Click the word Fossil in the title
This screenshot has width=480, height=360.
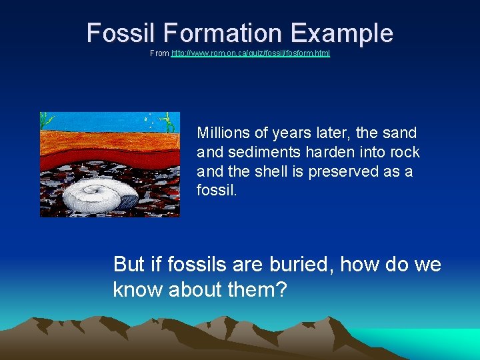pos(115,33)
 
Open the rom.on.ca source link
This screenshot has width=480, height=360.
pos(250,53)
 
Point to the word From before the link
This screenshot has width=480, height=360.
pos(159,53)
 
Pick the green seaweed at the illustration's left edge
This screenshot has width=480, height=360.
pos(45,121)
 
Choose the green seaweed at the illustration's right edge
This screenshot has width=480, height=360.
pos(170,121)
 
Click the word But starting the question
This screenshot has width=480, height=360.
pos(129,265)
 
